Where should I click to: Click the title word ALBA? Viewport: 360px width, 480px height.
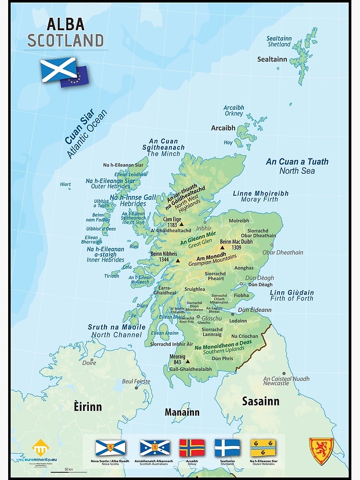(x=65, y=24)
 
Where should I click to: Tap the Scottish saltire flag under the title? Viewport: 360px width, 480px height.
(x=58, y=69)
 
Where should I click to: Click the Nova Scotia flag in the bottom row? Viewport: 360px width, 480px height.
(x=110, y=447)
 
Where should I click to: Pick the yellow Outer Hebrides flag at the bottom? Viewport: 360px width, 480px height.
(x=263, y=447)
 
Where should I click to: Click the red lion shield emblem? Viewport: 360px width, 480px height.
(x=321, y=451)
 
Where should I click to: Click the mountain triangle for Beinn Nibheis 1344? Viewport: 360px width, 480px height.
(x=178, y=261)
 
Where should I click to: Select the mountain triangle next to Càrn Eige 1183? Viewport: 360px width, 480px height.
(x=181, y=224)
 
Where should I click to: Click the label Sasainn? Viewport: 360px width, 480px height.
(x=260, y=401)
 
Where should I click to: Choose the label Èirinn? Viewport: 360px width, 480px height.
(x=87, y=407)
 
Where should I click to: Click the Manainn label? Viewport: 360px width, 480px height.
(x=182, y=412)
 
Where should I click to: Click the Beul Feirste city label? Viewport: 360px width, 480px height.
(x=136, y=382)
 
